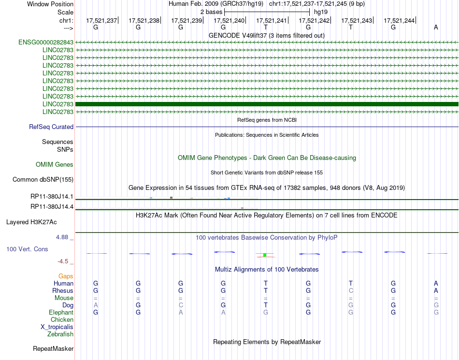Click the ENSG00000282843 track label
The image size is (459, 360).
click(x=46, y=42)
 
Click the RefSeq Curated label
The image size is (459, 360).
click(x=51, y=127)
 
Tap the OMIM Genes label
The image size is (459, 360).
click(x=55, y=164)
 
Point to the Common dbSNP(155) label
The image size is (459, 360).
click(x=43, y=180)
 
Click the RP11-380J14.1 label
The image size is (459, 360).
click(x=52, y=197)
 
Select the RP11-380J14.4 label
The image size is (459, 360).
click(x=52, y=207)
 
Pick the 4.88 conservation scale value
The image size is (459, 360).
click(x=63, y=237)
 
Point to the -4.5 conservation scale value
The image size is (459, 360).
click(x=63, y=261)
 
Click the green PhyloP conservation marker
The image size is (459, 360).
click(x=265, y=255)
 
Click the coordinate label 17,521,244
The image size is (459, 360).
click(x=399, y=20)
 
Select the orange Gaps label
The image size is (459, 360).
click(x=66, y=276)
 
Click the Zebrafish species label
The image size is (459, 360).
click(x=60, y=334)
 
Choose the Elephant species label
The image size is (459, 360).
click(x=61, y=312)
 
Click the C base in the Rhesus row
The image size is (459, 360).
click(x=351, y=290)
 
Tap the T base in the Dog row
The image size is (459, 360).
click(x=265, y=305)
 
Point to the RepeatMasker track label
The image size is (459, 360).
click(x=53, y=348)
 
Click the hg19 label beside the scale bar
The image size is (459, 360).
click(x=321, y=11)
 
